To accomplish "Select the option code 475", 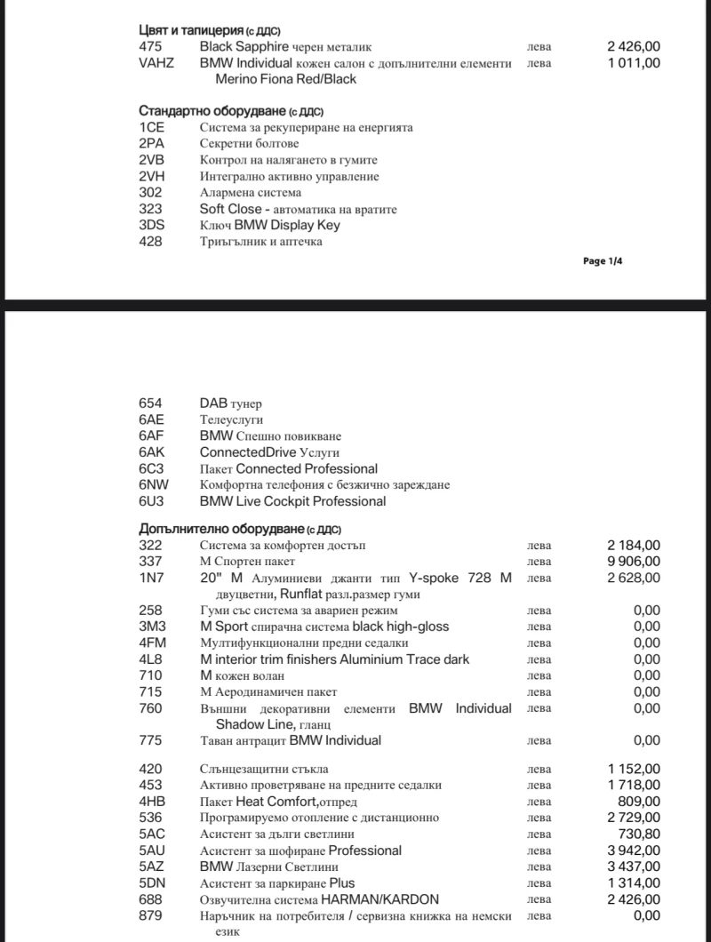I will pos(150,46).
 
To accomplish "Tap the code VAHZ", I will pos(157,63).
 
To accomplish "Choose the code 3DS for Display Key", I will pos(152,225).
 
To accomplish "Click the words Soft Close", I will pos(230,209).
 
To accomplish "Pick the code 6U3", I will pos(152,501).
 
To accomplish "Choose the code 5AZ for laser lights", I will pos(152,866).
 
